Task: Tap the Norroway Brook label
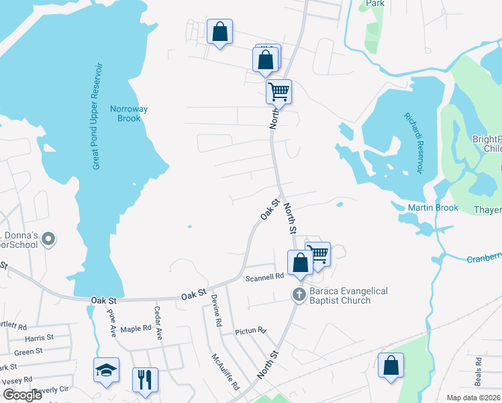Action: (x=129, y=114)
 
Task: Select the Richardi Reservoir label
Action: (x=413, y=142)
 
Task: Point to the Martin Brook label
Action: (x=433, y=208)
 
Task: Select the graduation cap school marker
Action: (x=106, y=370)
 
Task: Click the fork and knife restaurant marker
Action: (x=145, y=379)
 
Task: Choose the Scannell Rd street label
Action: (x=264, y=276)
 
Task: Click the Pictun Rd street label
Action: (x=251, y=331)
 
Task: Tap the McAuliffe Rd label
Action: (x=225, y=372)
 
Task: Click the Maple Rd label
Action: (x=136, y=328)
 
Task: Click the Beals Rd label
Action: (x=478, y=370)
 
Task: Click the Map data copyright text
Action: (x=473, y=398)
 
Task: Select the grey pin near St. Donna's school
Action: (x=48, y=239)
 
